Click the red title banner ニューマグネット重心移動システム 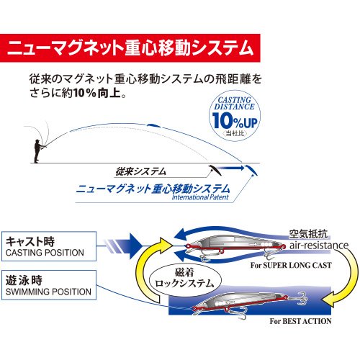(130, 48)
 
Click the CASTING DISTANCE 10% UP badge (235, 116)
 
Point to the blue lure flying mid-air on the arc (154, 125)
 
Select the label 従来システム (140, 171)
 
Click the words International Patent (200, 197)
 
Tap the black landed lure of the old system (215, 170)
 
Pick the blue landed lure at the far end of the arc (251, 170)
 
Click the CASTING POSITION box (49, 246)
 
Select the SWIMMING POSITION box (49, 285)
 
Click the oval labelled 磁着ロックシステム (184, 279)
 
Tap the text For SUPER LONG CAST (291, 265)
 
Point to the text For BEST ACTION (300, 321)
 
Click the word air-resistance (319, 246)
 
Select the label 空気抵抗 (308, 234)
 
